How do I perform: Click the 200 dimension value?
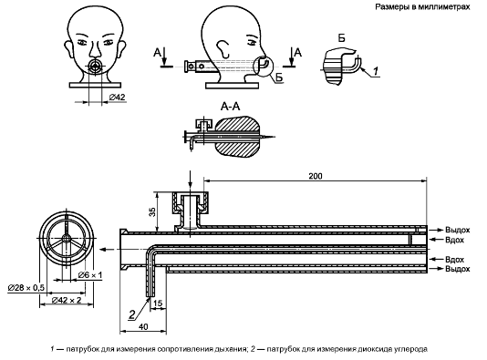click(316, 176)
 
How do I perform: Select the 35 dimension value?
click(152, 212)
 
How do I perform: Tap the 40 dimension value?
click(143, 326)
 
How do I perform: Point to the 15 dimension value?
click(158, 303)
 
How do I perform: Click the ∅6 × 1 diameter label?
click(90, 275)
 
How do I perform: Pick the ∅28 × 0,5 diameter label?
click(26, 288)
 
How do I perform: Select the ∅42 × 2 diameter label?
click(67, 300)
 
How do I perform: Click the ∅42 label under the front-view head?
click(117, 98)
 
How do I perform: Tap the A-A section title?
click(230, 107)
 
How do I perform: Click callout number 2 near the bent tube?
click(132, 314)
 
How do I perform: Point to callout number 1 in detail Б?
click(376, 71)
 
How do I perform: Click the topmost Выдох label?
click(457, 230)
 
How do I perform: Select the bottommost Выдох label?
click(457, 269)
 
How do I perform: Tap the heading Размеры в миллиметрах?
click(422, 6)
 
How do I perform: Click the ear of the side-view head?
click(223, 47)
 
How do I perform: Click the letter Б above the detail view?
click(341, 38)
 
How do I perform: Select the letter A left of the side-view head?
click(157, 53)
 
